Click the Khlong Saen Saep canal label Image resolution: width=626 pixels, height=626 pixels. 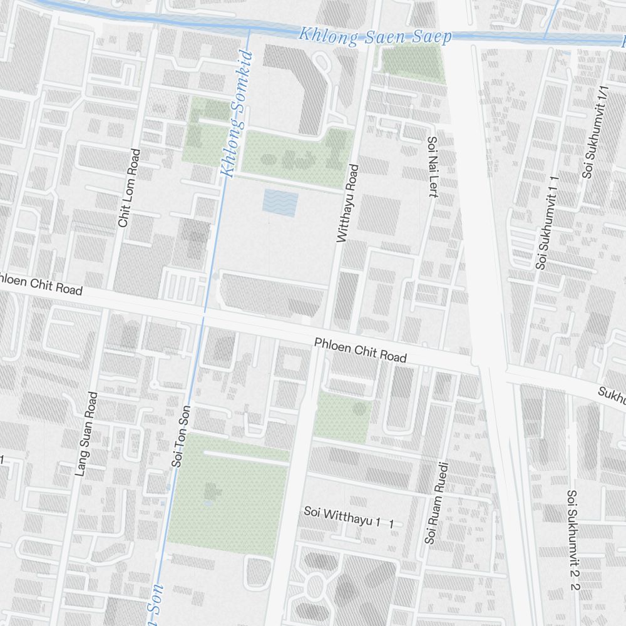(x=374, y=36)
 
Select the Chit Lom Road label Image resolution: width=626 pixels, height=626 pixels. (x=129, y=188)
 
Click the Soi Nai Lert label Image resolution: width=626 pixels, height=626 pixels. (x=431, y=167)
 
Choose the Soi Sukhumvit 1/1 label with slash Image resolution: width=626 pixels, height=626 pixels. (x=595, y=133)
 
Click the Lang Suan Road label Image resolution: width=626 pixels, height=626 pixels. (x=86, y=434)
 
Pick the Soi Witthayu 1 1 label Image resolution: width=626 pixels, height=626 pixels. (x=349, y=517)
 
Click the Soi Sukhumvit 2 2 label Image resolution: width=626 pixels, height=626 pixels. (x=572, y=540)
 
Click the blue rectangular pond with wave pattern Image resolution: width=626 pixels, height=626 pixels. (x=280, y=203)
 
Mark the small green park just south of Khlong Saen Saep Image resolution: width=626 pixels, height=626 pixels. (x=413, y=64)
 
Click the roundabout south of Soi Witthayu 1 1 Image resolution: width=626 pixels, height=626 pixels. (x=316, y=587)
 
